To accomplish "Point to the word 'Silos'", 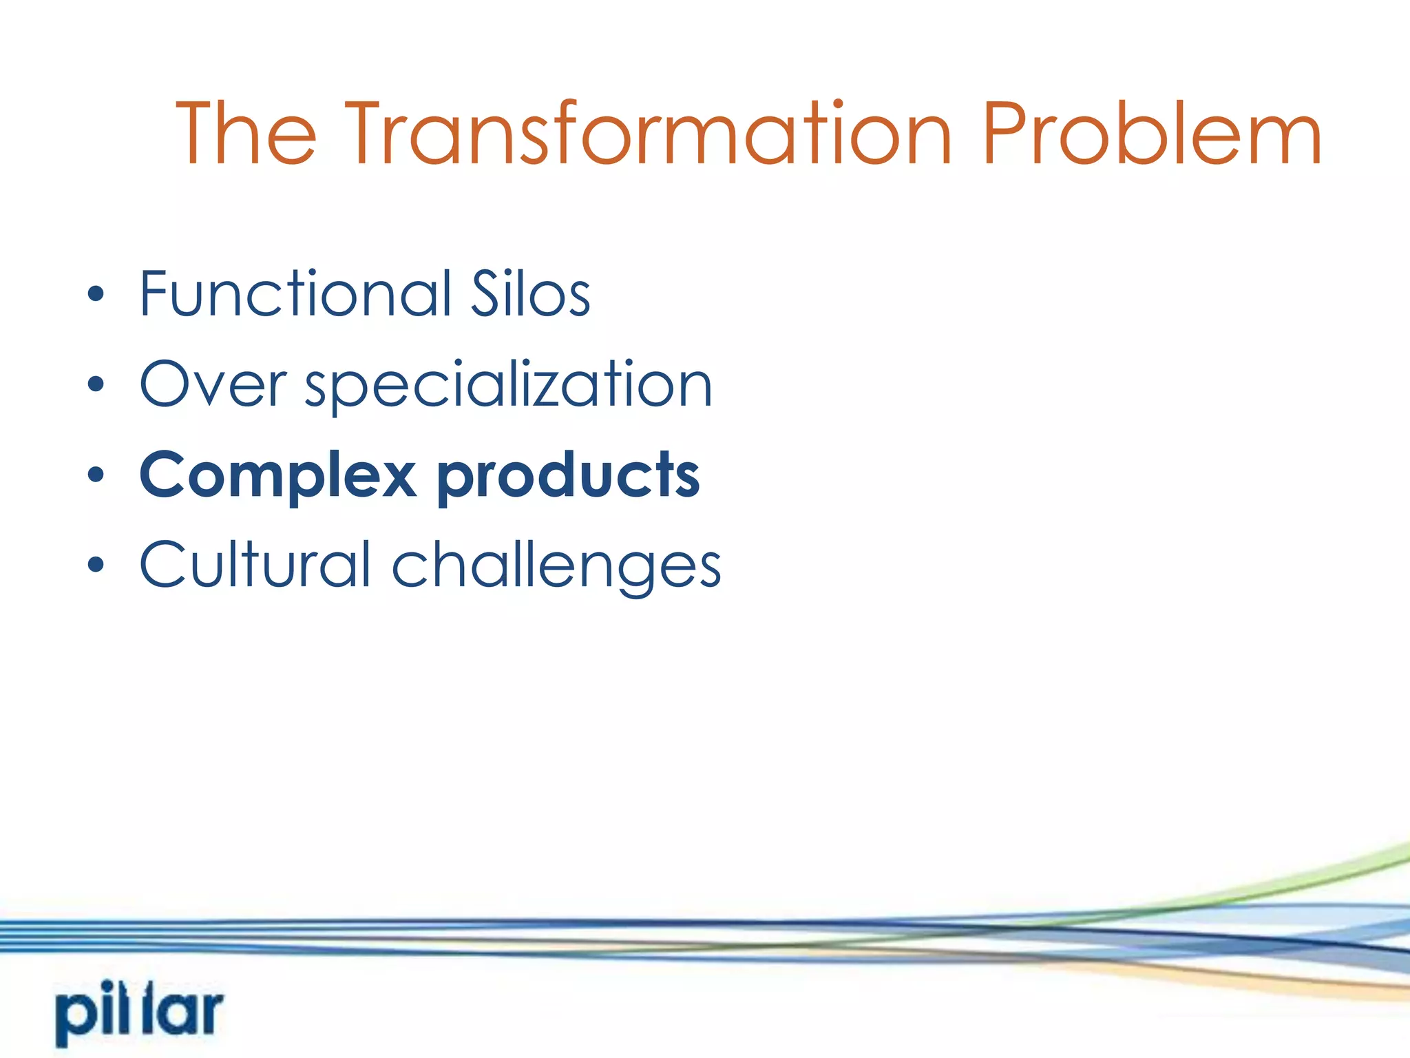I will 529,294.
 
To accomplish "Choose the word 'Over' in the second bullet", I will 212,384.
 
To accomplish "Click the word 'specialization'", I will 508,386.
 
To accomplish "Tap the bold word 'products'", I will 569,477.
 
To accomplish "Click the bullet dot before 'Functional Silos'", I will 96,295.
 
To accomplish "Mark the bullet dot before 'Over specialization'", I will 96,385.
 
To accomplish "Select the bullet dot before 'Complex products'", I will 96,475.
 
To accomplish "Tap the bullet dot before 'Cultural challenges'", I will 96,565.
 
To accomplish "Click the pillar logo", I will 140,1013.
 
